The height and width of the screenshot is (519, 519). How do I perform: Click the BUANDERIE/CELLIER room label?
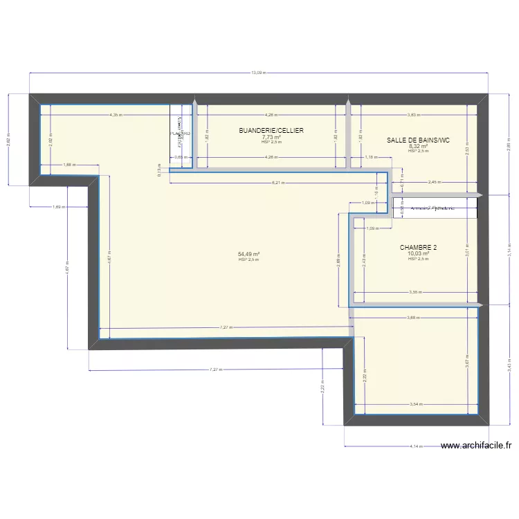[271, 131]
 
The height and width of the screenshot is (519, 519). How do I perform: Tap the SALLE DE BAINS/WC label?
[418, 140]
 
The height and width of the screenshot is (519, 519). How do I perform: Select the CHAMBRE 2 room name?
[418, 247]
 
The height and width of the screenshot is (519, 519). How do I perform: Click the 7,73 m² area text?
[271, 137]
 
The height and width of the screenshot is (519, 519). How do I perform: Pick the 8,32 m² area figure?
[418, 146]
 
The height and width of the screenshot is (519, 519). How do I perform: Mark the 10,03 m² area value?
[418, 253]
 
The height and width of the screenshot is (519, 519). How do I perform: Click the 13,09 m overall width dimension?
[258, 72]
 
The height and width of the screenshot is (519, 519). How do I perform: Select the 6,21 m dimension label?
[277, 183]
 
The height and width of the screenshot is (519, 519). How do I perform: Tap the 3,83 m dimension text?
[413, 115]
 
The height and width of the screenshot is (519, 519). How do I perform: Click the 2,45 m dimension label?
[434, 183]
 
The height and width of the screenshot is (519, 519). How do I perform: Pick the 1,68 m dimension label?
[69, 165]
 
